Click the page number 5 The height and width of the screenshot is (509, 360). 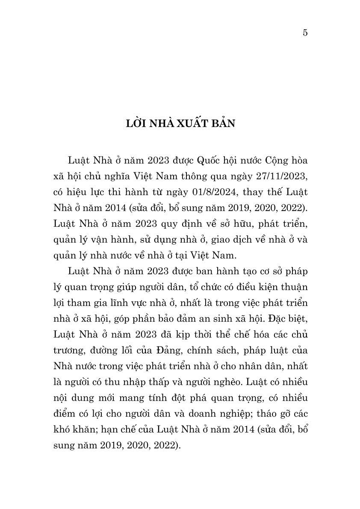[x=305, y=34]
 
